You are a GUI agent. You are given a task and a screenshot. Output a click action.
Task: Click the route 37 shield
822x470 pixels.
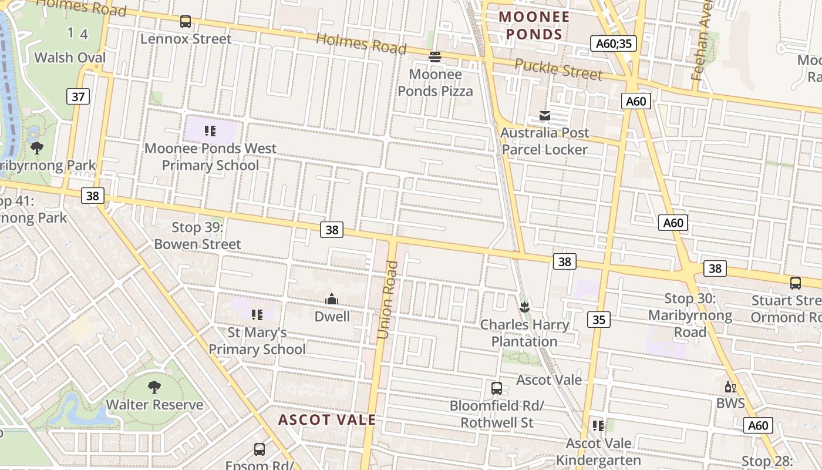pos(78,96)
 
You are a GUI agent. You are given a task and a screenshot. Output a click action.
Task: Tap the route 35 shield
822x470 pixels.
pos(598,320)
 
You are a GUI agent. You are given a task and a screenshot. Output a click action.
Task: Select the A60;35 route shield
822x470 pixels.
pos(613,43)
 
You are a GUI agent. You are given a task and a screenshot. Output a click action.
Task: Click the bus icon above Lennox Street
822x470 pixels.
pos(186,22)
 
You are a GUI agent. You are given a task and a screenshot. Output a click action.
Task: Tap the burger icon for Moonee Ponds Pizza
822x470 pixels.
pos(435,57)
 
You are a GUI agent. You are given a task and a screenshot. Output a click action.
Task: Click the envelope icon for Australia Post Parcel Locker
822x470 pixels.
pos(545,116)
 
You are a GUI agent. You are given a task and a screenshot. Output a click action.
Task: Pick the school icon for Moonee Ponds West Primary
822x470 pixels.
pos(210,130)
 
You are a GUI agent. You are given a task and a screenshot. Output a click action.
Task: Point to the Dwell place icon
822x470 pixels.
pos(332,300)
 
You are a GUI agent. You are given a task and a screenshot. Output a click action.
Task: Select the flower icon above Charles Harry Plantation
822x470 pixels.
pos(524,307)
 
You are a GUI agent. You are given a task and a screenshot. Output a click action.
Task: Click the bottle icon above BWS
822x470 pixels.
pos(730,387)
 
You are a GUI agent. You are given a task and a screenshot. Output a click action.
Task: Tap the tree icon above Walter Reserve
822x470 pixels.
pos(154,387)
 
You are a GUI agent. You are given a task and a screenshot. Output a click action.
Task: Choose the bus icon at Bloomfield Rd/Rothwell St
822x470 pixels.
pos(497,388)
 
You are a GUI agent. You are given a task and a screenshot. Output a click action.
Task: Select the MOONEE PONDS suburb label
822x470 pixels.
pos(534,26)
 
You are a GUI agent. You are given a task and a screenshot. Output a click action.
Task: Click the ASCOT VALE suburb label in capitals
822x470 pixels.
pos(326,420)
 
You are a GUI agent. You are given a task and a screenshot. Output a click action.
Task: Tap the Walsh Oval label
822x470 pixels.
pos(70,58)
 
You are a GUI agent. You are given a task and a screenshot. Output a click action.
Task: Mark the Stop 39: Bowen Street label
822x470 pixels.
pos(198,236)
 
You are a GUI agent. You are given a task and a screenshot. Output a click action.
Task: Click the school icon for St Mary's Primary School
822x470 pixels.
pos(257,315)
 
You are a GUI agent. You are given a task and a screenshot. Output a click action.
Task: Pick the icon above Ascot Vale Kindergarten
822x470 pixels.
pos(598,425)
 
